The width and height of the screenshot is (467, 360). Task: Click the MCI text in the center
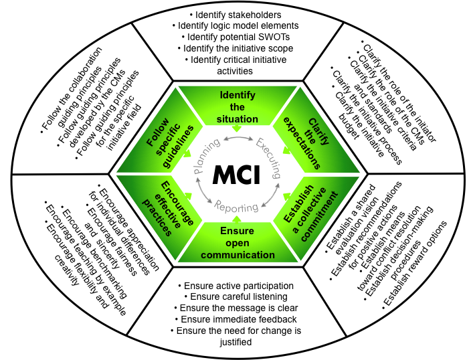tap(233, 175)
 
